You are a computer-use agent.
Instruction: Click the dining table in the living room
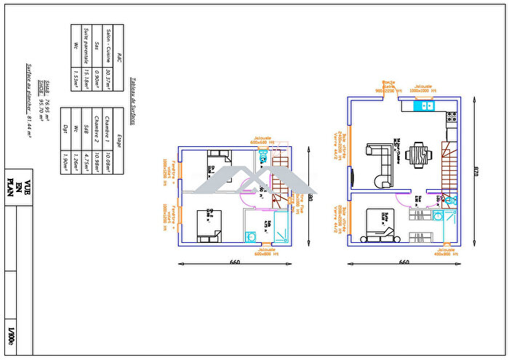[x=417, y=155]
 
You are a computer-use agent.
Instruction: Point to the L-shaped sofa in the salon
[x=378, y=164]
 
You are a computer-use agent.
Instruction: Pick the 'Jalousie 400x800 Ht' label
[x=444, y=252]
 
